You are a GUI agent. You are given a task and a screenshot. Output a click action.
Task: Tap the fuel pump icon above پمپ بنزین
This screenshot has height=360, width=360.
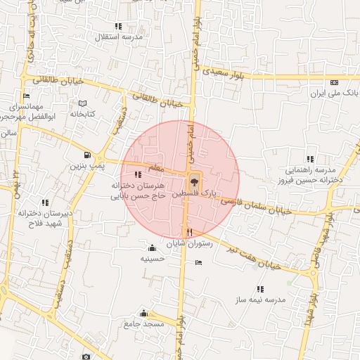click(87, 155)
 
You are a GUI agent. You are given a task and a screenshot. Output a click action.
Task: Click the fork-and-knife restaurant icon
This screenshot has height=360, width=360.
click(188, 232)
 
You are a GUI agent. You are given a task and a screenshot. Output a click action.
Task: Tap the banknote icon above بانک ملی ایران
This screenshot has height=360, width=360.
click(334, 82)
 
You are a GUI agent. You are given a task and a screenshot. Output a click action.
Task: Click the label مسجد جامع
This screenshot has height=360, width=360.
click(143, 324)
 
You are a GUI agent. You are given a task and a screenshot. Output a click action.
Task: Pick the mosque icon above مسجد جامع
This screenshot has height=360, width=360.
click(144, 313)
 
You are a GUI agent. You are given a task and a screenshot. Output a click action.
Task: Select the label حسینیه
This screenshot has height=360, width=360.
click(152, 258)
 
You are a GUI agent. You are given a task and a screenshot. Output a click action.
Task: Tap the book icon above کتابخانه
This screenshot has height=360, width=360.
click(82, 103)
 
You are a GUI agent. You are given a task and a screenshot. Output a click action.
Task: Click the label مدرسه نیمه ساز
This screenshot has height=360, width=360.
click(261, 300)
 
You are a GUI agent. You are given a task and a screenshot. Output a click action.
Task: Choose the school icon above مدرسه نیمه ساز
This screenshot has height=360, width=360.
click(261, 289)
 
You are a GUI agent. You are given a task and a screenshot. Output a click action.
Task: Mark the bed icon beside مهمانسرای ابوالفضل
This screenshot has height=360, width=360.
click(26, 96)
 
